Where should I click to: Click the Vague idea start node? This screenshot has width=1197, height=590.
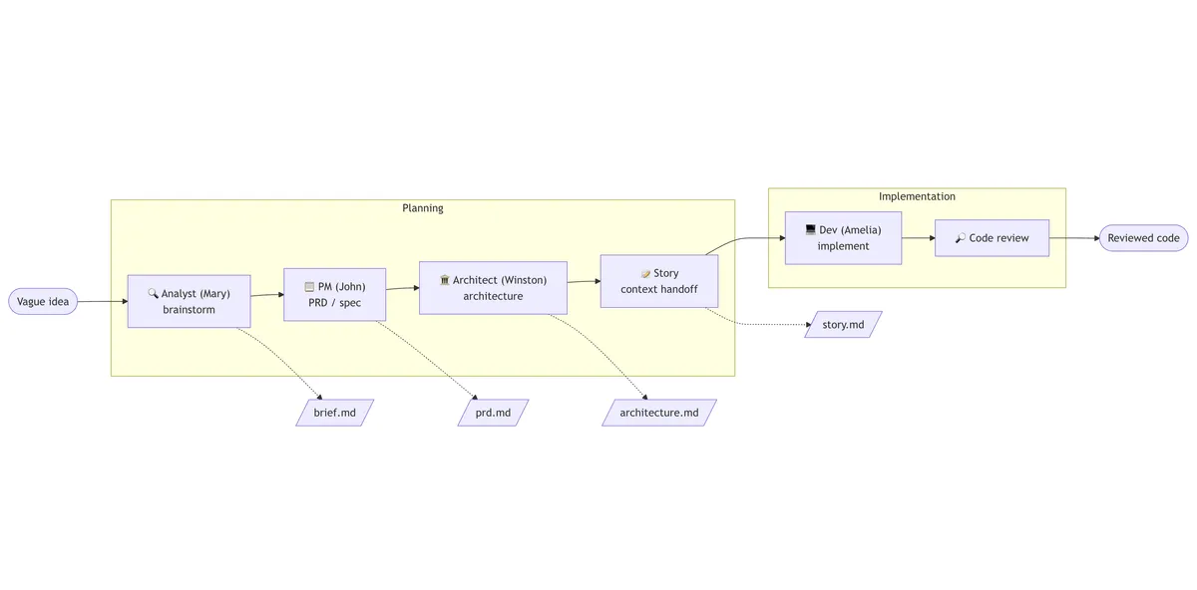43,302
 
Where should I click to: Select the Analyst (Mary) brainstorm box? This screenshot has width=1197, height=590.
190,302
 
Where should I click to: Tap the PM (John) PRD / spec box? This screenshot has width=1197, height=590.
334,295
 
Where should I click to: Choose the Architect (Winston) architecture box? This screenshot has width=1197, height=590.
493,288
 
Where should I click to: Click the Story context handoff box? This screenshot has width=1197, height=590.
659,281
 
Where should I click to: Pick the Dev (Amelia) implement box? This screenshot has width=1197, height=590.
843,238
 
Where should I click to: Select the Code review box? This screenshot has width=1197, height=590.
992,238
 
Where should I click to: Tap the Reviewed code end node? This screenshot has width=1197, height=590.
1143,238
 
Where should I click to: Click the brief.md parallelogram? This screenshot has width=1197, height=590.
334,413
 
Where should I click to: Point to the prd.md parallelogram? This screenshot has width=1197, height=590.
493,413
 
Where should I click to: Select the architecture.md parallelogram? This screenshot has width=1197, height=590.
659,413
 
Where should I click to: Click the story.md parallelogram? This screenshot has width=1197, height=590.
843,325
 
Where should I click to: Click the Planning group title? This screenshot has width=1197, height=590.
423,208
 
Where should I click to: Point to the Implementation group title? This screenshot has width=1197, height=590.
917,196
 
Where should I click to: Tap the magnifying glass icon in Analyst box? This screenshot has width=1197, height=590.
153,293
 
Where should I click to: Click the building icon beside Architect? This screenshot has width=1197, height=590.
445,280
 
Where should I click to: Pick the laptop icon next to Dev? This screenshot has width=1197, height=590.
811,229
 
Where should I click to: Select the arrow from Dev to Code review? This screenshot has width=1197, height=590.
919,238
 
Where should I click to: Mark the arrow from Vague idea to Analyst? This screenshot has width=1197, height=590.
103,302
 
